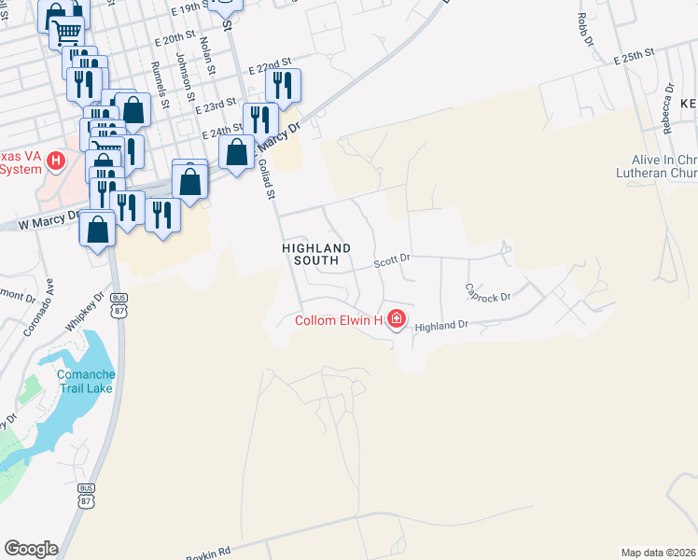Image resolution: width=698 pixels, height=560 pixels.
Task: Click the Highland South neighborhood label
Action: pos(317,254)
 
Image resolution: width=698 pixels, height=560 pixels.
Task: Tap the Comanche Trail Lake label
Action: pos(86,381)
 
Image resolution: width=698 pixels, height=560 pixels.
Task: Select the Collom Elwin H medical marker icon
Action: pos(397,320)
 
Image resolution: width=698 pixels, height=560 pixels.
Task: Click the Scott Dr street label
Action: pos(392,263)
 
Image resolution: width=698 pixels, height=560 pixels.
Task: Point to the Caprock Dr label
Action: pos(489,292)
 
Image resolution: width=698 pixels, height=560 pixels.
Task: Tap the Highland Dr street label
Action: pos(440,327)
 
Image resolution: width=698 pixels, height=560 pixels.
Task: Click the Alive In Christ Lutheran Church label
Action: pos(657,165)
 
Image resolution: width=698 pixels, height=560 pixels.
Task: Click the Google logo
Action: pos(31,549)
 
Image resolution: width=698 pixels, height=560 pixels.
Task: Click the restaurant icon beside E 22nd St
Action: pos(283,85)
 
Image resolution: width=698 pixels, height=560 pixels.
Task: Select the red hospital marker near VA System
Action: pos(56,162)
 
